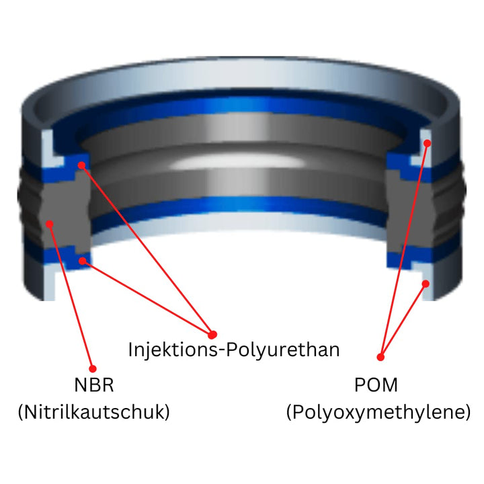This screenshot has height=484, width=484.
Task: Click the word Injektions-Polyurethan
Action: click(234, 350)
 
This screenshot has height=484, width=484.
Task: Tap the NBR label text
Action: click(94, 385)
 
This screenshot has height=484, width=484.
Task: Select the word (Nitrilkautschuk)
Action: click(94, 412)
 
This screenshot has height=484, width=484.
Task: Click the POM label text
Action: click(376, 385)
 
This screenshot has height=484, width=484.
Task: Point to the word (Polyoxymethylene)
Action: click(378, 412)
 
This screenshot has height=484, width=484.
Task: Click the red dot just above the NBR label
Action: click(93, 368)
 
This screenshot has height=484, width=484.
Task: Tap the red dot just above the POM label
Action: click(380, 357)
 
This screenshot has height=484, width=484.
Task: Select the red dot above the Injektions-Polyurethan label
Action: click(212, 334)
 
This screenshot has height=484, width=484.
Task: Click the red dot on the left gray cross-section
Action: click(50, 224)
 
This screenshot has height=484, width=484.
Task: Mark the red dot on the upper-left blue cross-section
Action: click(81, 165)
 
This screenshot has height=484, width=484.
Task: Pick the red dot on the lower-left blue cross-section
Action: click(83, 261)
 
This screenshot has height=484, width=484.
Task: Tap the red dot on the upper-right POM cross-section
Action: click(428, 143)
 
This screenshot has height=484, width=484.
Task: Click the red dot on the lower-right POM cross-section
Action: click(426, 284)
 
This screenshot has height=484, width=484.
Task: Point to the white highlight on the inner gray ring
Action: click(235, 161)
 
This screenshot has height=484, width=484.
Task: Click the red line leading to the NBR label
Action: click(71, 296)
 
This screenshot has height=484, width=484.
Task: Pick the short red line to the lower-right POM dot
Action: click(403, 321)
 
